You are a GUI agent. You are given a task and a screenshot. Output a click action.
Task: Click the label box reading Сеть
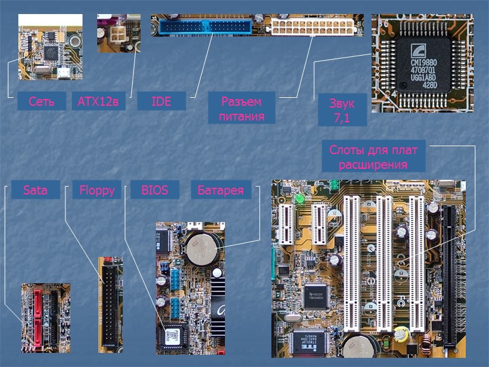[42, 102]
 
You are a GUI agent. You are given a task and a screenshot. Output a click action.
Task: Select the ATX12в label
[98, 102]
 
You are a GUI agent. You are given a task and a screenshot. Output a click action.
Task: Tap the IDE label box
[161, 102]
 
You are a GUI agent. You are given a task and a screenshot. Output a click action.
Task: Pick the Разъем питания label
[241, 108]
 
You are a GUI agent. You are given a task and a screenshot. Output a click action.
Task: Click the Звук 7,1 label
[342, 110]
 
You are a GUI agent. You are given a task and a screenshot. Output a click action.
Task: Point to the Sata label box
[35, 190]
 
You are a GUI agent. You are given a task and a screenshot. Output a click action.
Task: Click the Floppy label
[97, 190]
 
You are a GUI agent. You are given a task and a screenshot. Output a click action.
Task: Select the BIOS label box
[155, 190]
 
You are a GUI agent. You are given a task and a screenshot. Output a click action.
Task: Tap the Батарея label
[220, 190]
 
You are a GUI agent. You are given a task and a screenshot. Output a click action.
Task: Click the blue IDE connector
[204, 27]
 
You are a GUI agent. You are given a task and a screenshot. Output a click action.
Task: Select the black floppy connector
[110, 300]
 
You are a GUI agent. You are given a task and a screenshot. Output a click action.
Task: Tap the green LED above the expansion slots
[300, 199]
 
